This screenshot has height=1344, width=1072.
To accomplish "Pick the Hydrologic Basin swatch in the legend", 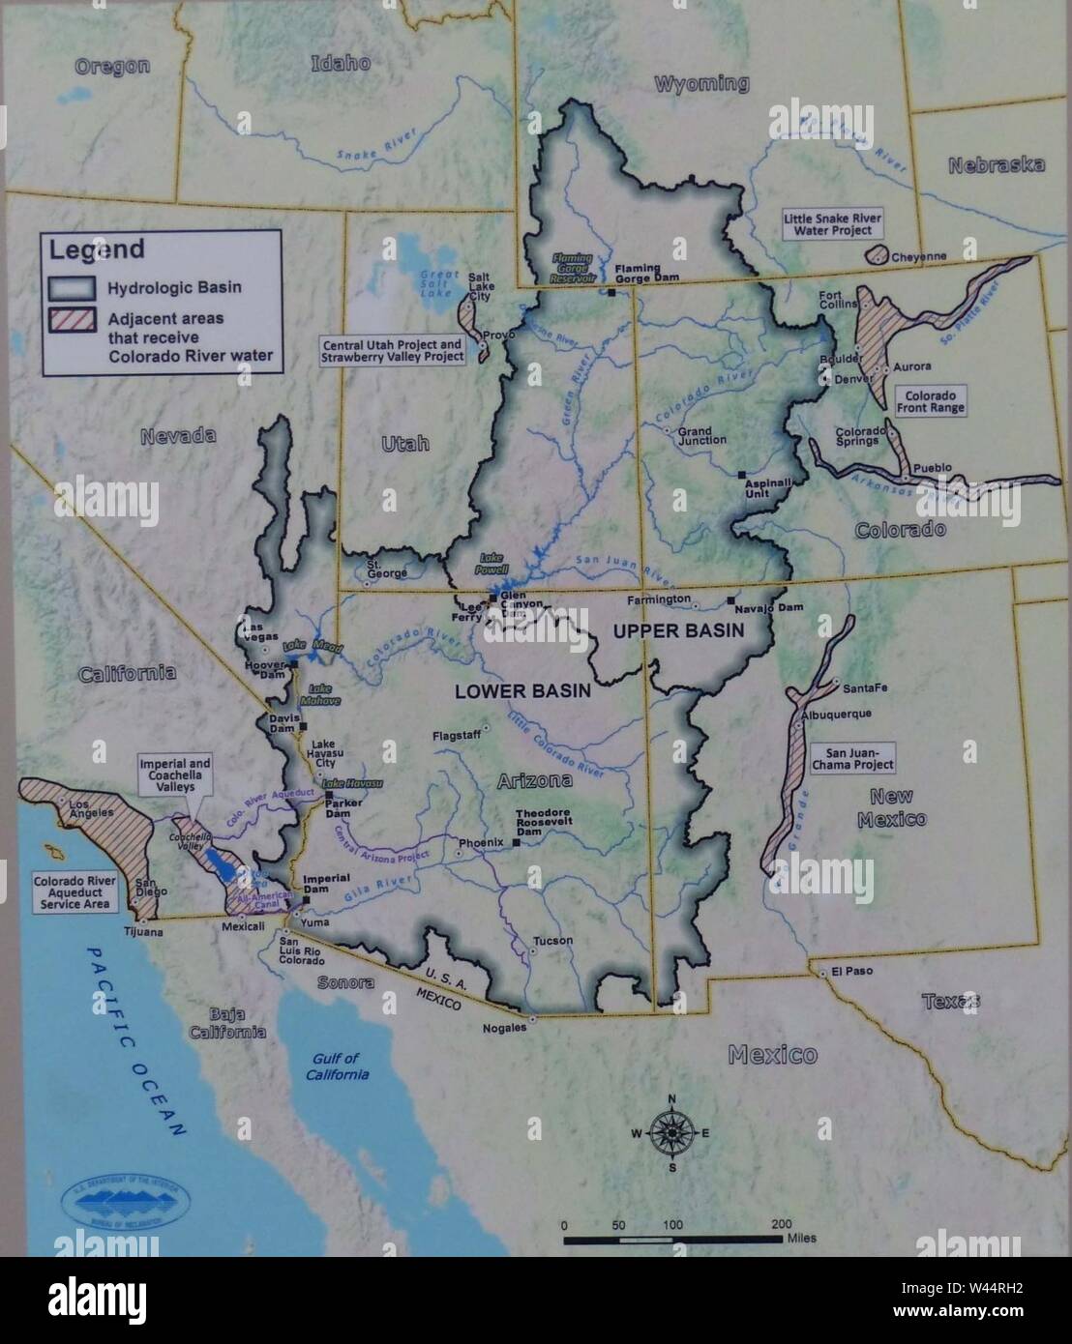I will coord(73,287).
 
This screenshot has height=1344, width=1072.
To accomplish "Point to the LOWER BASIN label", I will coord(522,691).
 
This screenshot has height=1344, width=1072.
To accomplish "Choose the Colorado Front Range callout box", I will coord(931,401).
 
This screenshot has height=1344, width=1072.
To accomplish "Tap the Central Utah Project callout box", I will coord(393,350).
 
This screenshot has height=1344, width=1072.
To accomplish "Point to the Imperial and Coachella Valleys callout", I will coord(175,774).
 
